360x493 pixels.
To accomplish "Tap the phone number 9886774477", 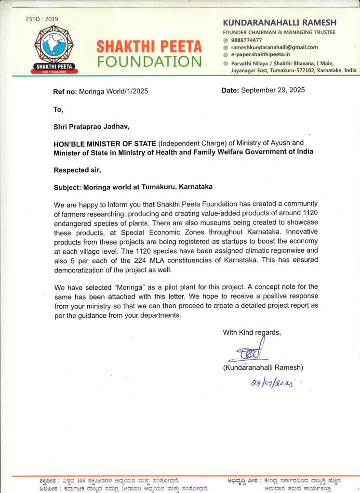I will click(x=247, y=40).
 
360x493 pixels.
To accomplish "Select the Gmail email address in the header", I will click(x=274, y=47).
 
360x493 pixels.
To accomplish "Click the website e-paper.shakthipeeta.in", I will click(x=260, y=55).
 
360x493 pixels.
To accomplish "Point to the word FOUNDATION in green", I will click(x=149, y=62).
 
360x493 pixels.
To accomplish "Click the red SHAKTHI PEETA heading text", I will click(x=149, y=47).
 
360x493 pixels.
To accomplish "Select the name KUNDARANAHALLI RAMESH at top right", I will click(x=279, y=23).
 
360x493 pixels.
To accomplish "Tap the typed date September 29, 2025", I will click(x=272, y=90).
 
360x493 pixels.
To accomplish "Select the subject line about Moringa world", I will click(x=133, y=186).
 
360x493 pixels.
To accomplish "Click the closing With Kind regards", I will click(x=252, y=332).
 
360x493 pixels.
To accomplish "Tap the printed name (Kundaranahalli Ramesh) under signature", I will click(x=262, y=368).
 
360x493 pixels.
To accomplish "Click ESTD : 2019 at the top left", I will click(x=42, y=19).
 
